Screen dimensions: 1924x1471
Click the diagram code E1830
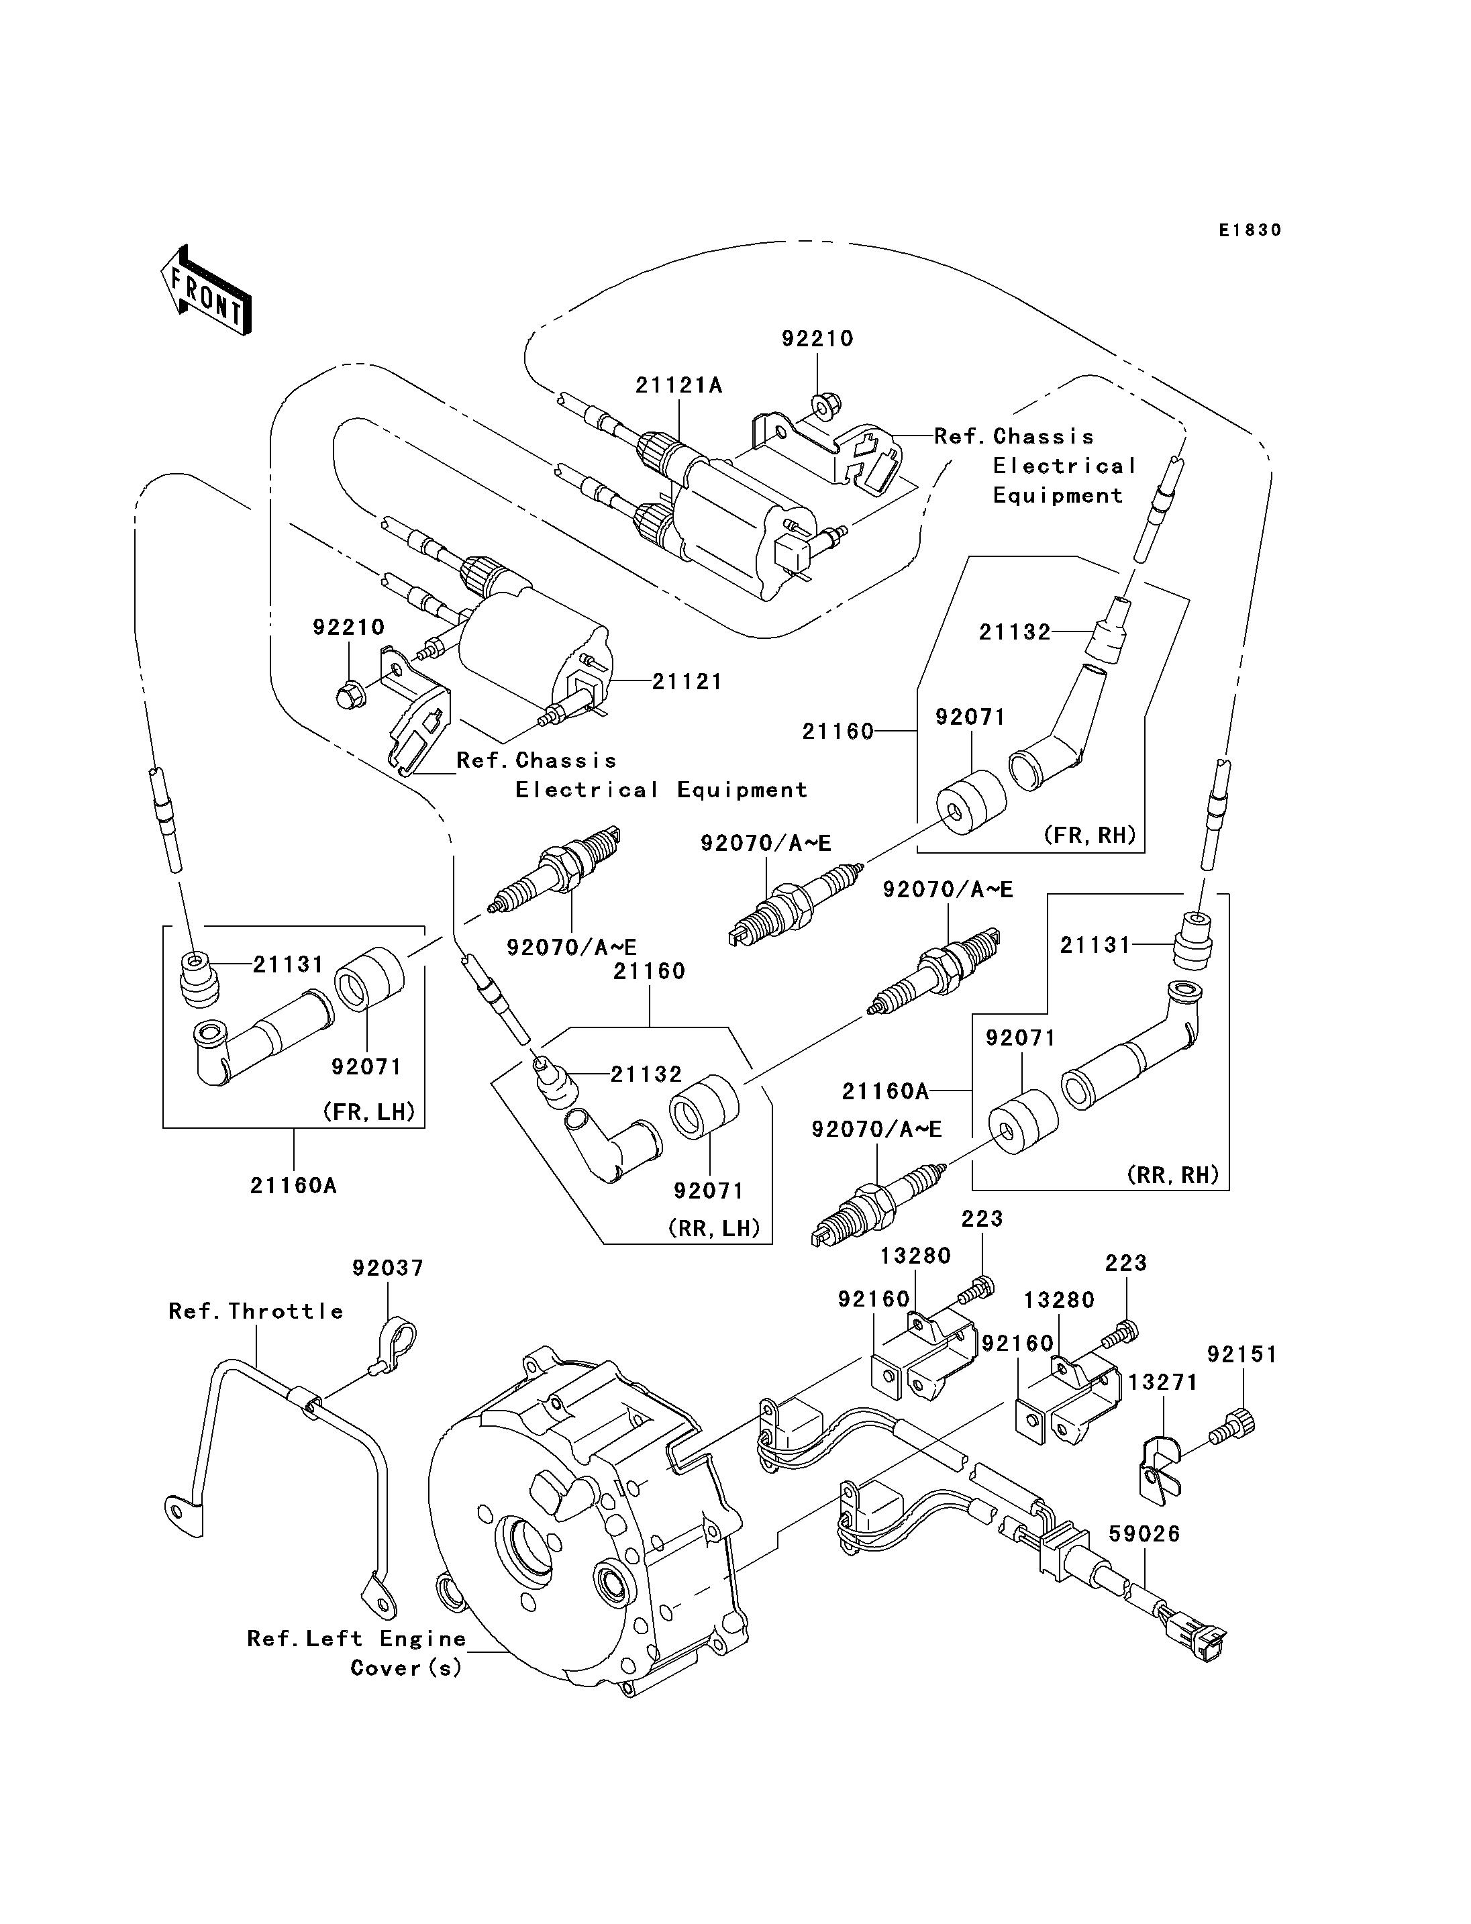pyautogui.click(x=1250, y=230)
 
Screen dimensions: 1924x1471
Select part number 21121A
pyautogui.click(x=678, y=385)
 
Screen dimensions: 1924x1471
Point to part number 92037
pyautogui.click(x=388, y=1268)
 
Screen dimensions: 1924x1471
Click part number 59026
pyautogui.click(x=1144, y=1533)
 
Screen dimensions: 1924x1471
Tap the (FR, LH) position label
pyautogui.click(x=368, y=1112)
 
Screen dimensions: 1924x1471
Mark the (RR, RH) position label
pyautogui.click(x=1173, y=1174)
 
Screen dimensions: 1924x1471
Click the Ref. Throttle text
pyautogui.click(x=256, y=1311)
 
